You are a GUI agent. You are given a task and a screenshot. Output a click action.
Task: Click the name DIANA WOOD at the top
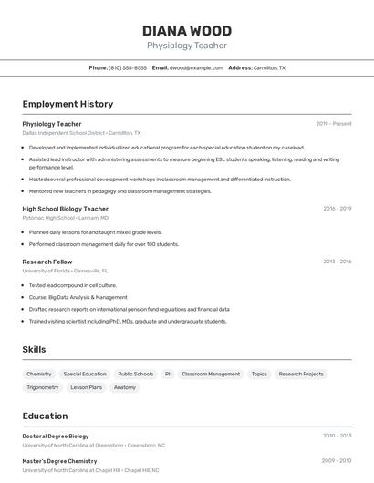point(187,31)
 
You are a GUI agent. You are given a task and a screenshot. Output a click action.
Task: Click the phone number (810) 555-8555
point(128,67)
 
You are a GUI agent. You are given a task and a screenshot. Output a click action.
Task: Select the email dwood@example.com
point(196,67)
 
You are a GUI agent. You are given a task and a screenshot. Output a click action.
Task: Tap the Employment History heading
point(68,104)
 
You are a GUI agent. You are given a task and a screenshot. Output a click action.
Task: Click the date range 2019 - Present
point(334,123)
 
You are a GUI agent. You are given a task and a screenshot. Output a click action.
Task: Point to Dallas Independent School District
point(64,132)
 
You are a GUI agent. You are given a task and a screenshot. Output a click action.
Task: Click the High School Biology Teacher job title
point(66,209)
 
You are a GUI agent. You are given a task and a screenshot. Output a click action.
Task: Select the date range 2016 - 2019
point(337,209)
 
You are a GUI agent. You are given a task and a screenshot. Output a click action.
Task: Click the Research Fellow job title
point(47,262)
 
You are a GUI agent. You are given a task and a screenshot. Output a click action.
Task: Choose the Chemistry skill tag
point(39,374)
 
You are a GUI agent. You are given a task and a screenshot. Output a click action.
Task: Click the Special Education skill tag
point(85,374)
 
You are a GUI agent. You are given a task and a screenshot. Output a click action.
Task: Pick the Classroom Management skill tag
point(211,374)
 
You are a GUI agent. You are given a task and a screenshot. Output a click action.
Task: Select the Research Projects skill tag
point(301,374)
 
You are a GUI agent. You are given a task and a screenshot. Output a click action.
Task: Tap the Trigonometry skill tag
point(43,387)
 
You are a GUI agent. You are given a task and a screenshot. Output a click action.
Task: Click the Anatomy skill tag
point(125,387)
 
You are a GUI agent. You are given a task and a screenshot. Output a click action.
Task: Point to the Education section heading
point(45,416)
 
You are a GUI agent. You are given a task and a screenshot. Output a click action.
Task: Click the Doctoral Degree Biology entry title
point(56,436)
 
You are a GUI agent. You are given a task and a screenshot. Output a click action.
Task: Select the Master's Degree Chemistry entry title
point(59,461)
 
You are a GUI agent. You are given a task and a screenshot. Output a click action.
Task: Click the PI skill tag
point(168,374)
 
